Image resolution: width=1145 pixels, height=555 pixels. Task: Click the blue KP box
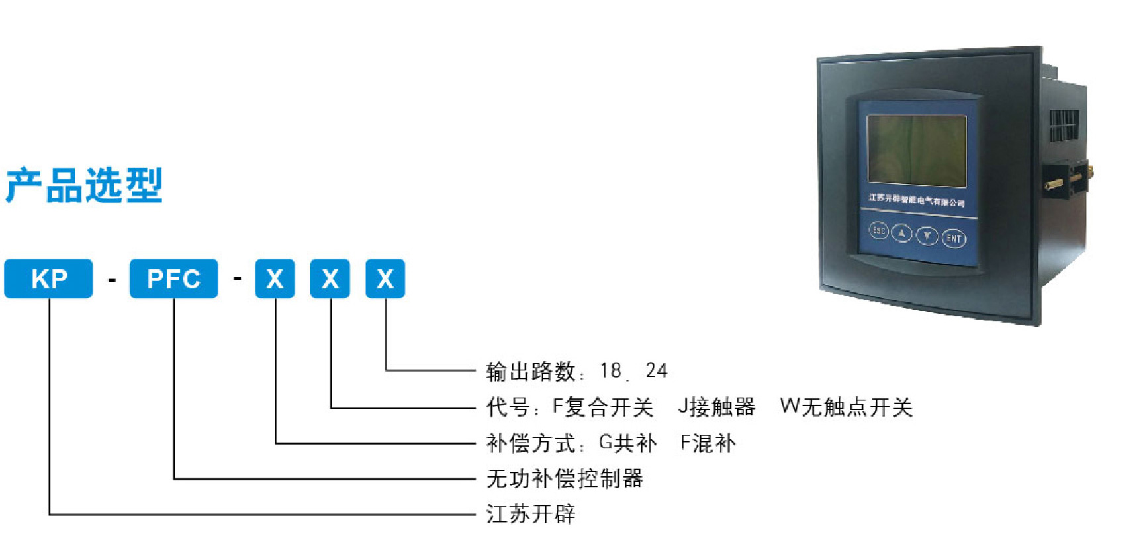point(48,278)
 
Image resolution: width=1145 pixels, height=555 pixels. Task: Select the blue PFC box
point(173,278)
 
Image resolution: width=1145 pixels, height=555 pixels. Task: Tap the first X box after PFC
point(275,278)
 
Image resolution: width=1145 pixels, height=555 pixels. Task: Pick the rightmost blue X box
point(385,278)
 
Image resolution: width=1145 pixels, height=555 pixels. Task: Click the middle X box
point(330,278)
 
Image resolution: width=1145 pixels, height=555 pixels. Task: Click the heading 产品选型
point(84,185)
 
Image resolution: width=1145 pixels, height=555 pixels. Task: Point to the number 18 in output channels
point(610,370)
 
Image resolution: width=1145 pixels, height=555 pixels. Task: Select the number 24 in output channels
point(656,370)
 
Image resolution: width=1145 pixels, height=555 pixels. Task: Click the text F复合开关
point(602,407)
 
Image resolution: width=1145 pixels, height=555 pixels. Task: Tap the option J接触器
point(716,407)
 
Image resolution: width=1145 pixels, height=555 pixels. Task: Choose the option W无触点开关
point(846,407)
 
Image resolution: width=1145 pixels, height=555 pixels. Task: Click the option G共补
point(627,443)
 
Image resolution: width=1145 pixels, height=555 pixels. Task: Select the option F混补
point(708,443)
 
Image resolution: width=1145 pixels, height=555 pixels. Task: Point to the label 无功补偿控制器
point(565,478)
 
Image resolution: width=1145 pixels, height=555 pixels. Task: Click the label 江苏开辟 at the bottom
point(531,514)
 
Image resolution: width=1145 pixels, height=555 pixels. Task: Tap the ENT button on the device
point(954,238)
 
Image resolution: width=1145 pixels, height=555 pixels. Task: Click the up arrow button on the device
point(901,233)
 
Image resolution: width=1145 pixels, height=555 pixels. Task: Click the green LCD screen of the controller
point(917,150)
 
